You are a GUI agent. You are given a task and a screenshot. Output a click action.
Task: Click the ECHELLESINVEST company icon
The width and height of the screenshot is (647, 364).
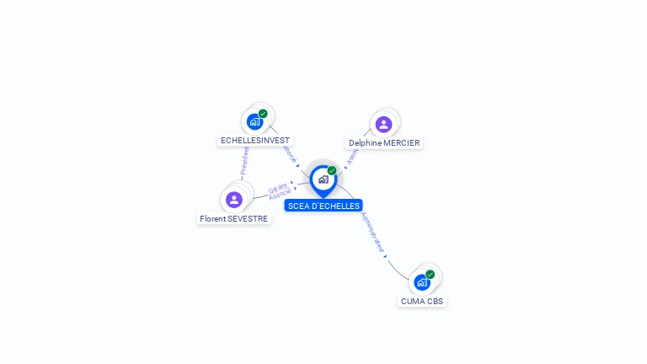254,122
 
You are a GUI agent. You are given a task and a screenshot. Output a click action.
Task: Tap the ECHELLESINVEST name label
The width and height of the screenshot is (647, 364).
255,141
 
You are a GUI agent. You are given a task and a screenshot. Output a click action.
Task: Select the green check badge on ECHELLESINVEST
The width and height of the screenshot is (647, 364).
263,114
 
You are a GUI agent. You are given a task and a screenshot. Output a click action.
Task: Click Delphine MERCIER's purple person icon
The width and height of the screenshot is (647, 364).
383,125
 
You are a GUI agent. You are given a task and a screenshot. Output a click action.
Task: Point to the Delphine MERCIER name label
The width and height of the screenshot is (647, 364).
384,143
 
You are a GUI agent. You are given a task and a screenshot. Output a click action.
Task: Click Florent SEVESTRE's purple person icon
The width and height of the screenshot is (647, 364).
234,200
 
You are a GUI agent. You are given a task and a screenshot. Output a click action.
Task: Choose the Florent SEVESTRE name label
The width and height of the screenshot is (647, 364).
234,219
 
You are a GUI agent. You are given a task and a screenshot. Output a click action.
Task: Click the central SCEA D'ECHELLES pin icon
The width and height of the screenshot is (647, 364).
323,179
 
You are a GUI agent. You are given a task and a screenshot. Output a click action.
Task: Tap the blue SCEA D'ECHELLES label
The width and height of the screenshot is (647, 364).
323,206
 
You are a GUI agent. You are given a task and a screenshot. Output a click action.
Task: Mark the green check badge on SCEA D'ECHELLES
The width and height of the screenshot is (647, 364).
332,171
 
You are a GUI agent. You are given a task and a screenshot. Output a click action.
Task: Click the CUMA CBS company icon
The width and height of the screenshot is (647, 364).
422,282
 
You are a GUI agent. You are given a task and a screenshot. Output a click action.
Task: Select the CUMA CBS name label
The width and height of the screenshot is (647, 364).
422,301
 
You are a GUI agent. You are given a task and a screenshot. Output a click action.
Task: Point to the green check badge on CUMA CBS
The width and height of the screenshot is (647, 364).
430,275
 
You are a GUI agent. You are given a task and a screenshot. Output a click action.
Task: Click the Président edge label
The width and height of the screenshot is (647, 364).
244,160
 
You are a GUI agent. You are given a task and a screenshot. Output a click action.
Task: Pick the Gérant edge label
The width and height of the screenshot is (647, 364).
278,188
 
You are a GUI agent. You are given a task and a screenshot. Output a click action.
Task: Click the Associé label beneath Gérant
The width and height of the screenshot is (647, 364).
281,195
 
